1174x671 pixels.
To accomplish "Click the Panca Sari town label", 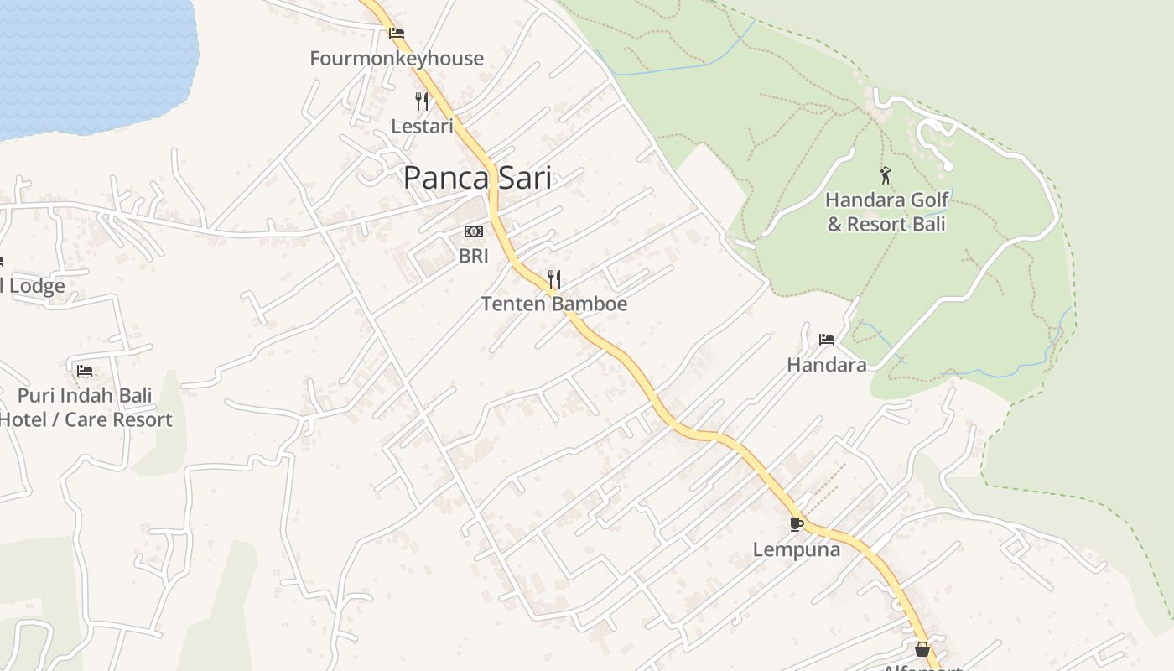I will (x=477, y=178).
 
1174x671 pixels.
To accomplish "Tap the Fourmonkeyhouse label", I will (x=397, y=58).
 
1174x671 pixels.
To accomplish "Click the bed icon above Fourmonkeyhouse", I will (x=397, y=34).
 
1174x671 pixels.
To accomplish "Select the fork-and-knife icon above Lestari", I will (x=422, y=101).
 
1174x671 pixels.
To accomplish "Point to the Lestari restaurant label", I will (x=422, y=126).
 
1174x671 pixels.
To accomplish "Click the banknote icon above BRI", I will (x=474, y=231).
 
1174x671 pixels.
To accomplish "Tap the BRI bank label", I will (x=474, y=256).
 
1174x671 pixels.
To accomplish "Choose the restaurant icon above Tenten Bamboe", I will (x=553, y=278).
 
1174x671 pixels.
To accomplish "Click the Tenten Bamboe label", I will (x=553, y=304).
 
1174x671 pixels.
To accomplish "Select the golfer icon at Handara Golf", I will (x=886, y=175).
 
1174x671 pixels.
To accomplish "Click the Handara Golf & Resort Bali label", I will (x=886, y=212).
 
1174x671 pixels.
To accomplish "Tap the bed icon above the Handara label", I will (x=827, y=340).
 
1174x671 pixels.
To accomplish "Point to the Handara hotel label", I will (x=827, y=365).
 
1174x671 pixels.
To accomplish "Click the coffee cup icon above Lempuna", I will (x=797, y=525).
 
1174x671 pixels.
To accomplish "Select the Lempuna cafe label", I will (x=797, y=549).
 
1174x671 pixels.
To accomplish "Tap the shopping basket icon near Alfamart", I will (x=922, y=649).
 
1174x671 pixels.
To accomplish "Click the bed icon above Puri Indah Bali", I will (x=84, y=371).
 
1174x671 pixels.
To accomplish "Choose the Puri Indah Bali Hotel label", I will (x=85, y=408).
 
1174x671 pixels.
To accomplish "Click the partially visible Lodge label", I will (x=34, y=286).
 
